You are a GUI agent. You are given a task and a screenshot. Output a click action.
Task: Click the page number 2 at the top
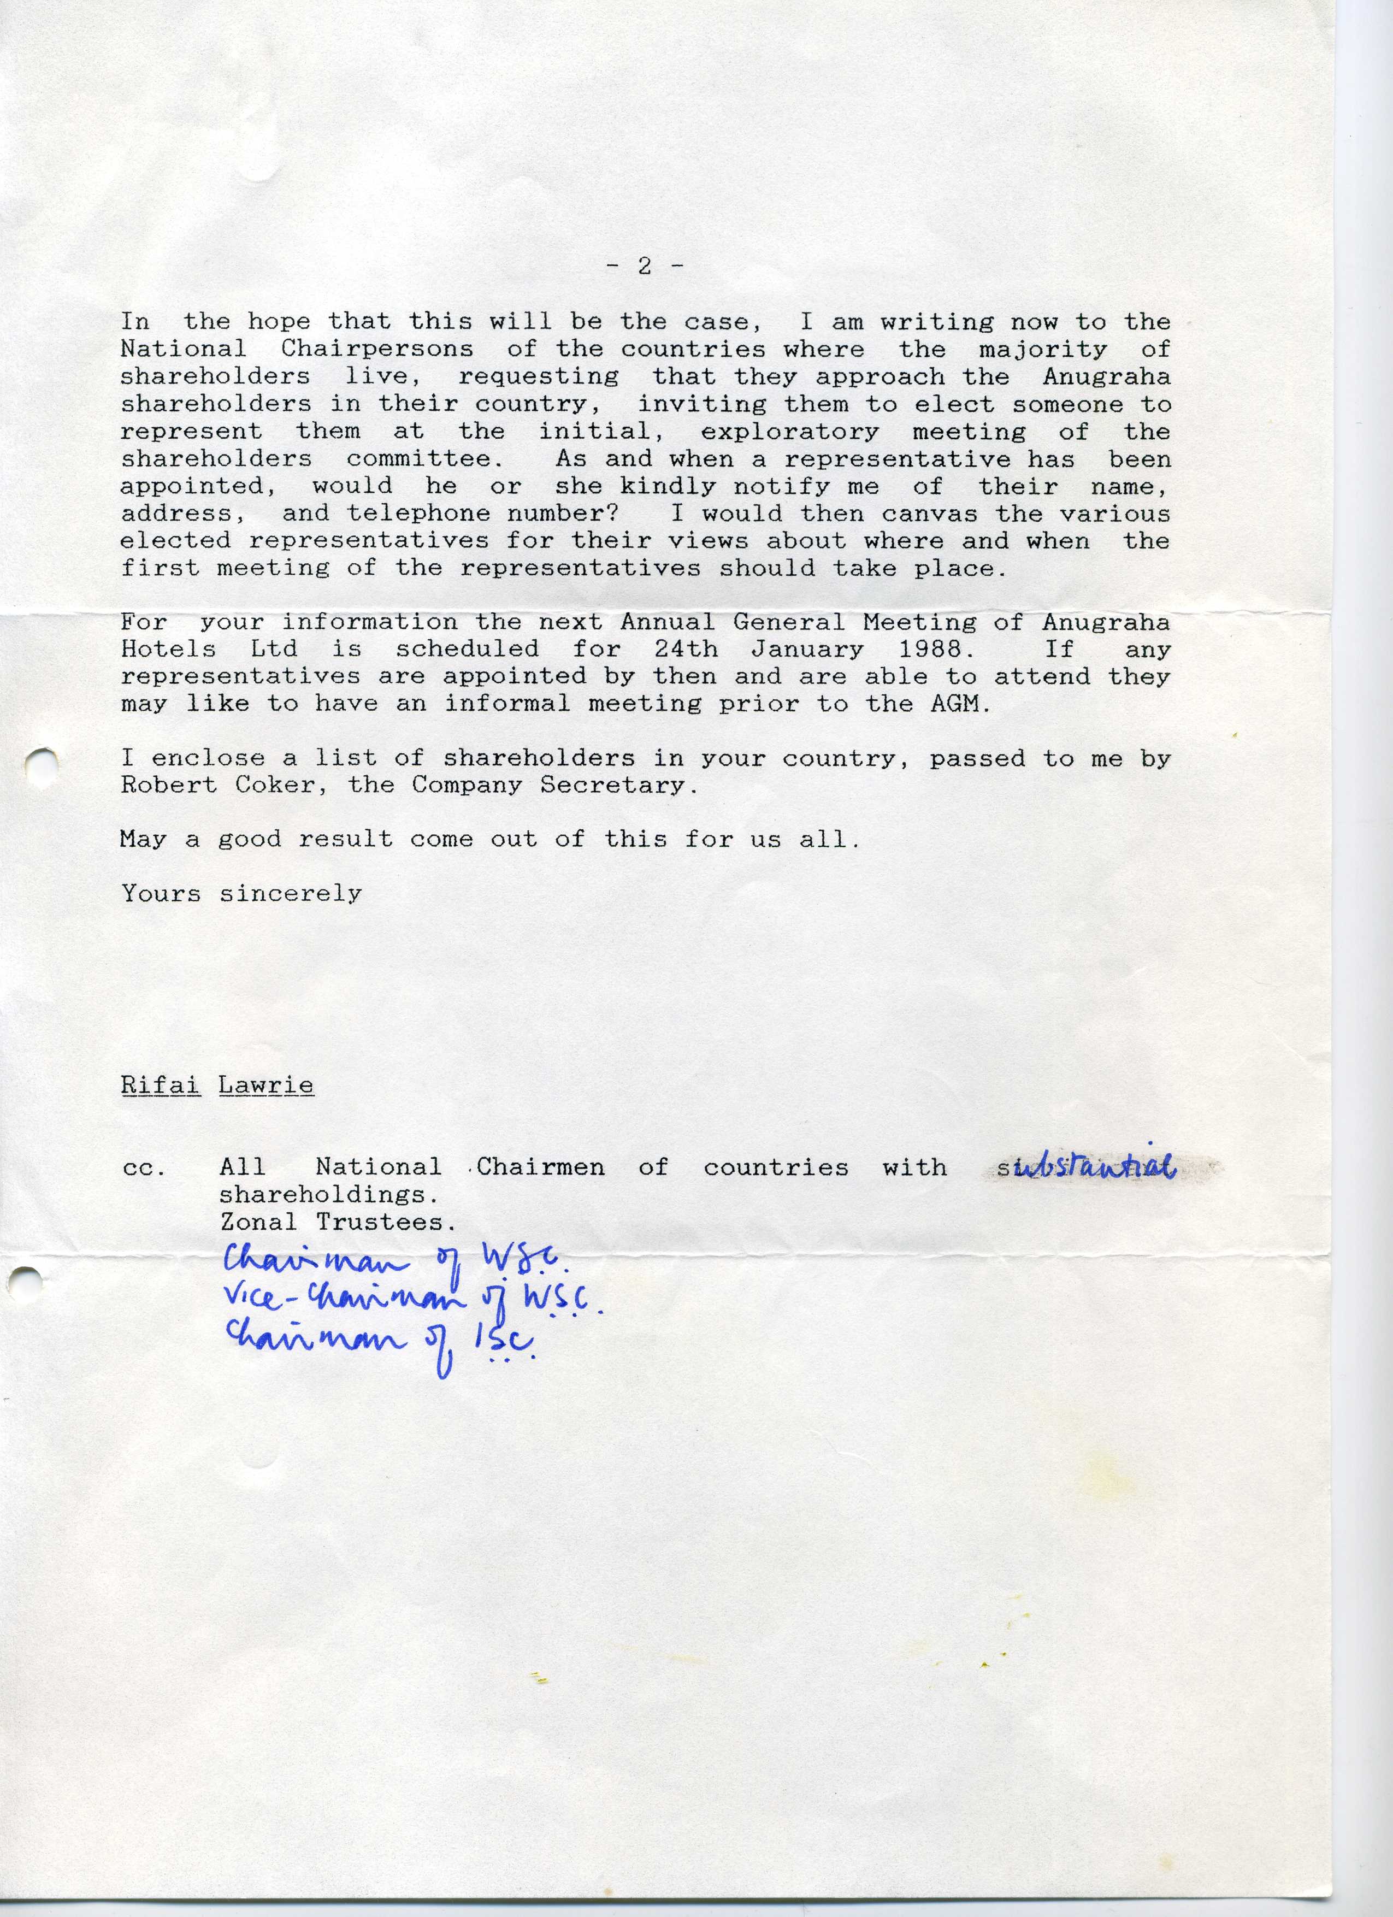tap(645, 266)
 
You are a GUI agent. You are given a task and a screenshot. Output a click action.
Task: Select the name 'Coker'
tap(275, 785)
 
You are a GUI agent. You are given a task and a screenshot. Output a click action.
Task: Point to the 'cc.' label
tap(144, 1168)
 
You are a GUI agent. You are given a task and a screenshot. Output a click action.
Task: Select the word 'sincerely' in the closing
tap(290, 893)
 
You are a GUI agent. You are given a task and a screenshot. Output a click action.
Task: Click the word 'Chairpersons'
tap(376, 349)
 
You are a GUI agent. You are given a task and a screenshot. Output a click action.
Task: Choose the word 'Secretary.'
tap(619, 785)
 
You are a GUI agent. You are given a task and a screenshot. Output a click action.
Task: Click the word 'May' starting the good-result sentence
tap(143, 839)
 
